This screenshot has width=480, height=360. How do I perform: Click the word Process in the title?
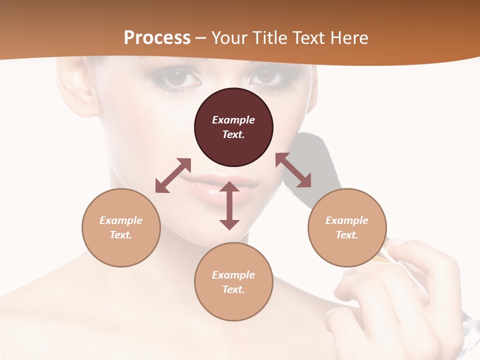(157, 38)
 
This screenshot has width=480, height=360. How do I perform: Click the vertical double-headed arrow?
(229, 205)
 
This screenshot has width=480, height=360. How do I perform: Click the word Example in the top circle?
(233, 120)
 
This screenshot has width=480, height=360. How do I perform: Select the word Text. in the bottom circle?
(233, 289)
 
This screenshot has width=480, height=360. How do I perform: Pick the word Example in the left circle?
(121, 220)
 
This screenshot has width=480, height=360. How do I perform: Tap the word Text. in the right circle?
(347, 235)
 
